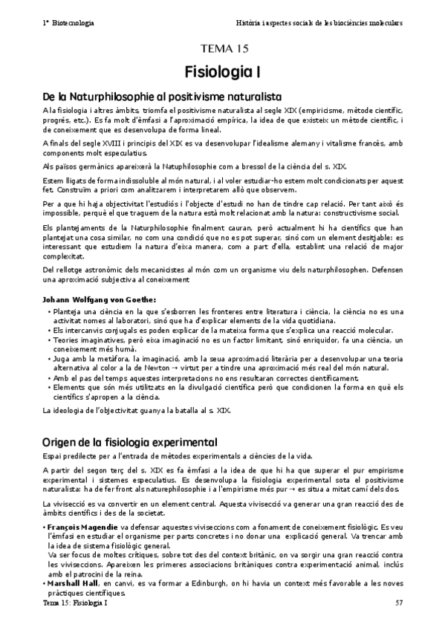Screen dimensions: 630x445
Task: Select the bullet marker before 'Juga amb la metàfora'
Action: [x=48, y=359]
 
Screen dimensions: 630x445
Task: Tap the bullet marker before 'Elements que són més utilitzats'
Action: [x=48, y=388]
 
